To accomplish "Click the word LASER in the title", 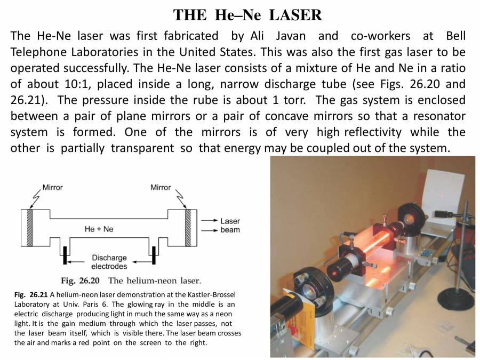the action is click(295, 15).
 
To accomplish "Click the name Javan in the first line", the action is click(291, 36).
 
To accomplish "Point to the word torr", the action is click(294, 100).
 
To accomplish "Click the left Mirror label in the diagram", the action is click(52, 187).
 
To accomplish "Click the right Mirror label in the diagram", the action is click(161, 187).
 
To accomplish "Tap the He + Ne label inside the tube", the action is click(99, 229).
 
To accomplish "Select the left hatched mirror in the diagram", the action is click(30, 228).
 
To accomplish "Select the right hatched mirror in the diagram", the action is click(188, 228).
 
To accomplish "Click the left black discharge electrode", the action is click(65, 255).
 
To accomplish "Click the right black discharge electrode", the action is click(154, 255).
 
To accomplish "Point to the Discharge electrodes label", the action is click(109, 262).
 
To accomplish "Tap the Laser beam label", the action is click(230, 225).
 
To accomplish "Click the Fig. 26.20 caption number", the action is click(80, 281).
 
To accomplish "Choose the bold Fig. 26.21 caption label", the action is click(31, 295).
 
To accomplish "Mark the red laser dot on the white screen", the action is click(442, 195).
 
